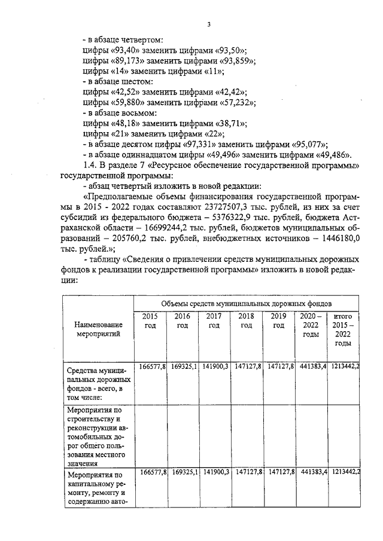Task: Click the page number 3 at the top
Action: (x=209, y=25)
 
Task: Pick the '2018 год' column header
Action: (x=246, y=320)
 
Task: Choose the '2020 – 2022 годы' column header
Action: (x=311, y=325)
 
